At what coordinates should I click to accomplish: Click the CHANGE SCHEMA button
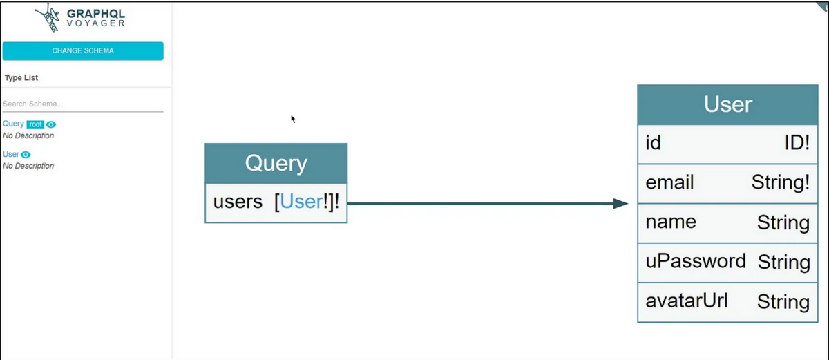83,50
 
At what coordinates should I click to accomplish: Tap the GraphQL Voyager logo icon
50,19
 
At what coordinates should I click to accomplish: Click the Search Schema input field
83,104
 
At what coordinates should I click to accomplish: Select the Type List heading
21,78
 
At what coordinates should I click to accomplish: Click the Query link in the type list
13,124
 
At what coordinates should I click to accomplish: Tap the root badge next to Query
35,124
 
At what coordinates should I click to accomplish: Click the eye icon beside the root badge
51,124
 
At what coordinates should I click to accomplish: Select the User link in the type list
11,154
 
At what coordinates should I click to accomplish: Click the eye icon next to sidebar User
26,155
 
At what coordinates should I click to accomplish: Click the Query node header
276,163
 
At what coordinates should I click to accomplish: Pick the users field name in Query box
238,202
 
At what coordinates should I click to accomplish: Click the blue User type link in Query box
302,202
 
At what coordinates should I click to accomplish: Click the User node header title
727,104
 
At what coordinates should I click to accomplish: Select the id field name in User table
653,143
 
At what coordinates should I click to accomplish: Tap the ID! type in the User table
797,144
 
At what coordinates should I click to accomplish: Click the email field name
669,182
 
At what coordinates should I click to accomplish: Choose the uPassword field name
695,261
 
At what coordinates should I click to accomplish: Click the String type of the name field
783,222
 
